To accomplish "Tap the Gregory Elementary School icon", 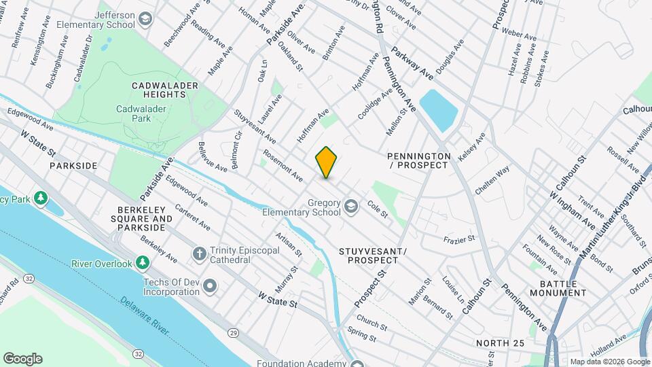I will click(351, 205).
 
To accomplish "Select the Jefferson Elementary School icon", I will click(145, 18).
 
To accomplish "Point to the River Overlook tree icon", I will click(142, 262).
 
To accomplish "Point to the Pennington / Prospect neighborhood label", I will click(418, 160).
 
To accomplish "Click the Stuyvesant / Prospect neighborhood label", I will click(372, 256).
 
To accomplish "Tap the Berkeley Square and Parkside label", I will click(144, 219).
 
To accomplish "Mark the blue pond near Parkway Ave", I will click(440, 111).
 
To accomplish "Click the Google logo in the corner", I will click(22, 358).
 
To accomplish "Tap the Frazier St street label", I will click(458, 239).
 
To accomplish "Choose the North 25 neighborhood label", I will click(500, 343).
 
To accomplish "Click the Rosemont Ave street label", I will click(283, 165).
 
